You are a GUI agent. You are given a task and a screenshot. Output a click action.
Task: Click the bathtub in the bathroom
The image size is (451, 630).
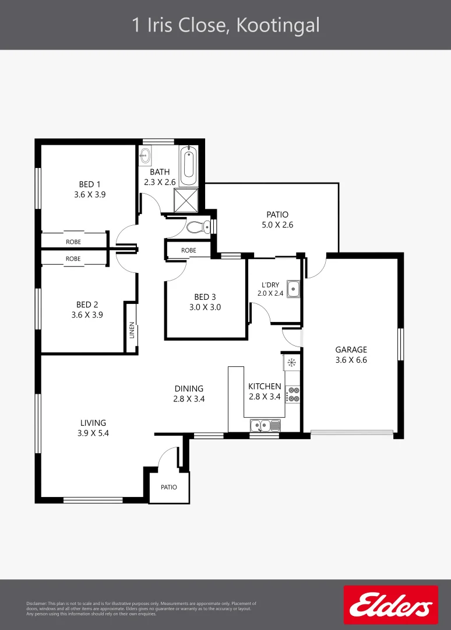click(189, 166)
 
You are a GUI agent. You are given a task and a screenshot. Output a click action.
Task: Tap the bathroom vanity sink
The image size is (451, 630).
click(145, 156)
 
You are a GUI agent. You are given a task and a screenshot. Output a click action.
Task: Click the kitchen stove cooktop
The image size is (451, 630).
click(293, 394)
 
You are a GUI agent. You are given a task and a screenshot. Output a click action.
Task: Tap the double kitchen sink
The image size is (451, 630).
click(265, 426)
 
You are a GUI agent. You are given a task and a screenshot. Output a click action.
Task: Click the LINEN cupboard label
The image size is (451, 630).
click(132, 330)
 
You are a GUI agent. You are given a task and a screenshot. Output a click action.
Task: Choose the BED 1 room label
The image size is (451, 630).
click(90, 185)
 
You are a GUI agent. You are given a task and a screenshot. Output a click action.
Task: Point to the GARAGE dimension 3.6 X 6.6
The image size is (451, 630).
click(351, 360)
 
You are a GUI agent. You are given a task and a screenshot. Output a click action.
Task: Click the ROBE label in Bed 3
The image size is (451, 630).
click(188, 250)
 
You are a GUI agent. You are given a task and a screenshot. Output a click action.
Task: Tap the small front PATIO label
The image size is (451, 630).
click(169, 487)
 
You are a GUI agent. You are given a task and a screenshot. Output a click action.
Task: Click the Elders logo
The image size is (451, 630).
click(390, 605)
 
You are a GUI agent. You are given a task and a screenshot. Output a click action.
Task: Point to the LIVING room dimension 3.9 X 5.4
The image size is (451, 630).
click(93, 433)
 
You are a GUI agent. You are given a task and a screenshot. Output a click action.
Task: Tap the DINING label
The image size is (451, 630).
click(189, 388)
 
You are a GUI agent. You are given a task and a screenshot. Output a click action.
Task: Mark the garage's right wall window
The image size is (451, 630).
click(400, 344)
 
